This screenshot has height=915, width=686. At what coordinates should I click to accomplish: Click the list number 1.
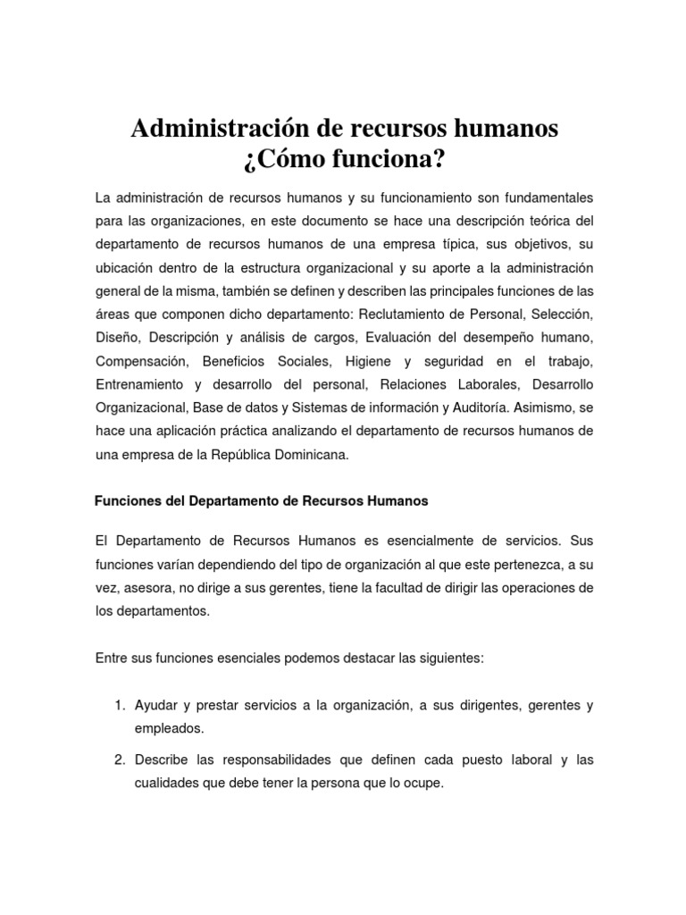[119, 705]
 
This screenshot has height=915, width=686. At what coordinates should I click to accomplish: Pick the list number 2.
[119, 760]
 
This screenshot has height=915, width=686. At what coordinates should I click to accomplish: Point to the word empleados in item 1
[169, 728]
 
